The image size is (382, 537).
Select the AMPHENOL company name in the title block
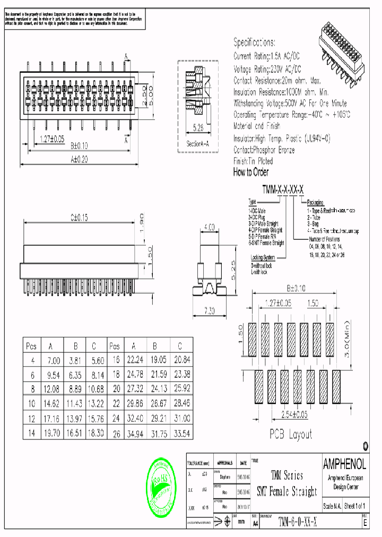coord(344,464)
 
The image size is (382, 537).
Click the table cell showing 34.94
coord(134,434)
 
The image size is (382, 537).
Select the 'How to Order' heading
coord(251,172)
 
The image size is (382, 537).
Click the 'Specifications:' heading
coord(255,42)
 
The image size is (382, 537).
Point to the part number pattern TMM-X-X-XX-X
coord(283,190)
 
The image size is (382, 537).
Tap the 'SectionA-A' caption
coord(198,144)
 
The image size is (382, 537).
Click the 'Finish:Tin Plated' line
coord(253,161)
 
